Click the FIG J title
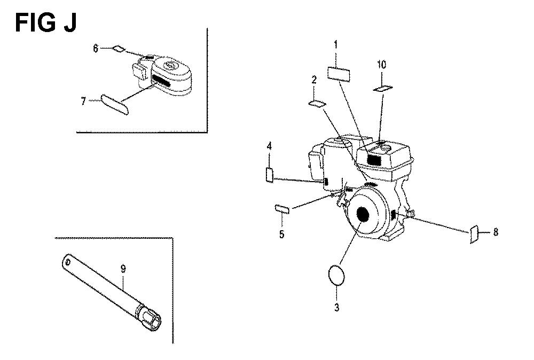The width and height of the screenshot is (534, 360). pyautogui.click(x=46, y=23)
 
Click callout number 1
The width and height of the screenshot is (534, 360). pyautogui.click(x=336, y=44)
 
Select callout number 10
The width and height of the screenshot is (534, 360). pyautogui.click(x=382, y=65)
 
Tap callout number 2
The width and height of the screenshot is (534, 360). pyautogui.click(x=314, y=80)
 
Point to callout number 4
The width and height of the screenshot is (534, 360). pyautogui.click(x=269, y=146)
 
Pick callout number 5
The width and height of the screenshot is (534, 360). pyautogui.click(x=281, y=234)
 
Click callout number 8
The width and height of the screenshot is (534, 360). pyautogui.click(x=496, y=232)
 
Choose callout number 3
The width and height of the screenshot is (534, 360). pyautogui.click(x=336, y=308)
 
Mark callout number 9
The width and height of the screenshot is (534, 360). pyautogui.click(x=123, y=269)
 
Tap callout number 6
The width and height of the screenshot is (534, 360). pyautogui.click(x=96, y=49)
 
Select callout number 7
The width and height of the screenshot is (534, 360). pyautogui.click(x=83, y=101)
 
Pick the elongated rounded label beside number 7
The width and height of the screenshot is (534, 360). pyautogui.click(x=115, y=105)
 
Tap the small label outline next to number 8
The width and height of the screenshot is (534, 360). pyautogui.click(x=474, y=234)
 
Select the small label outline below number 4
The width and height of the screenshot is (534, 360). pyautogui.click(x=269, y=175)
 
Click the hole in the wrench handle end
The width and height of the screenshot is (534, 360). pyautogui.click(x=68, y=262)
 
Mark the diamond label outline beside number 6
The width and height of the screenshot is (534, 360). pyautogui.click(x=118, y=49)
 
